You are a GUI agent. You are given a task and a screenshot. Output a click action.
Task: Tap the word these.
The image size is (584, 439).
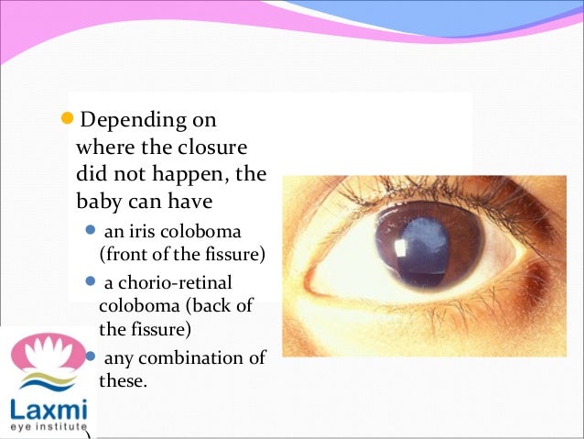(122, 379)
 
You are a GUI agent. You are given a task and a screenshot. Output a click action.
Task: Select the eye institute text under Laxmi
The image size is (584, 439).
(46, 427)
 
